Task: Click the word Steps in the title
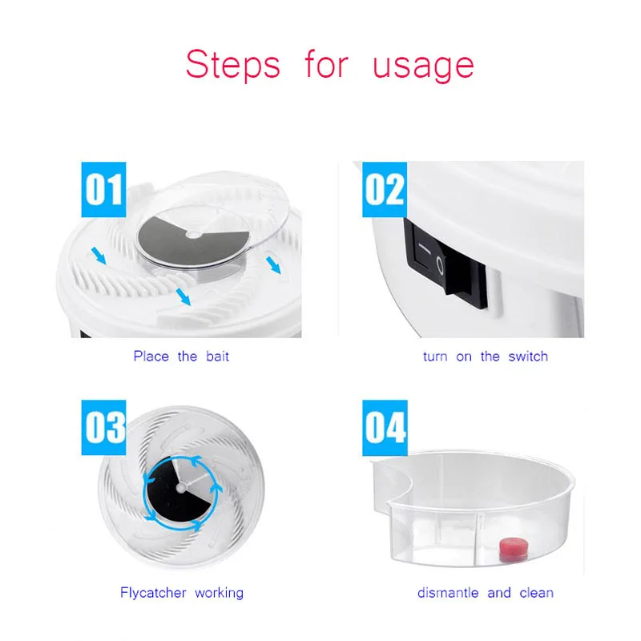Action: pyautogui.click(x=233, y=65)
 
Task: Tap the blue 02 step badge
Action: pyautogui.click(x=385, y=191)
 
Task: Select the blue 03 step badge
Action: pyautogui.click(x=105, y=428)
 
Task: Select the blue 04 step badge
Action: pyautogui.click(x=385, y=428)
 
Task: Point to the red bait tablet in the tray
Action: pyautogui.click(x=511, y=550)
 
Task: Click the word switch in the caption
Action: pyautogui.click(x=527, y=356)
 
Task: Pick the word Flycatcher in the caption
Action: pyautogui.click(x=153, y=593)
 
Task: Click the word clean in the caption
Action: pyautogui.click(x=536, y=593)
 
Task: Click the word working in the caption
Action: pyautogui.click(x=218, y=593)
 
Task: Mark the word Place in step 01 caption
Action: pyautogui.click(x=151, y=356)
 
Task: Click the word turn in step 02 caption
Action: pyautogui.click(x=435, y=356)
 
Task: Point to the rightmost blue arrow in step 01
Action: pyautogui.click(x=273, y=265)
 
